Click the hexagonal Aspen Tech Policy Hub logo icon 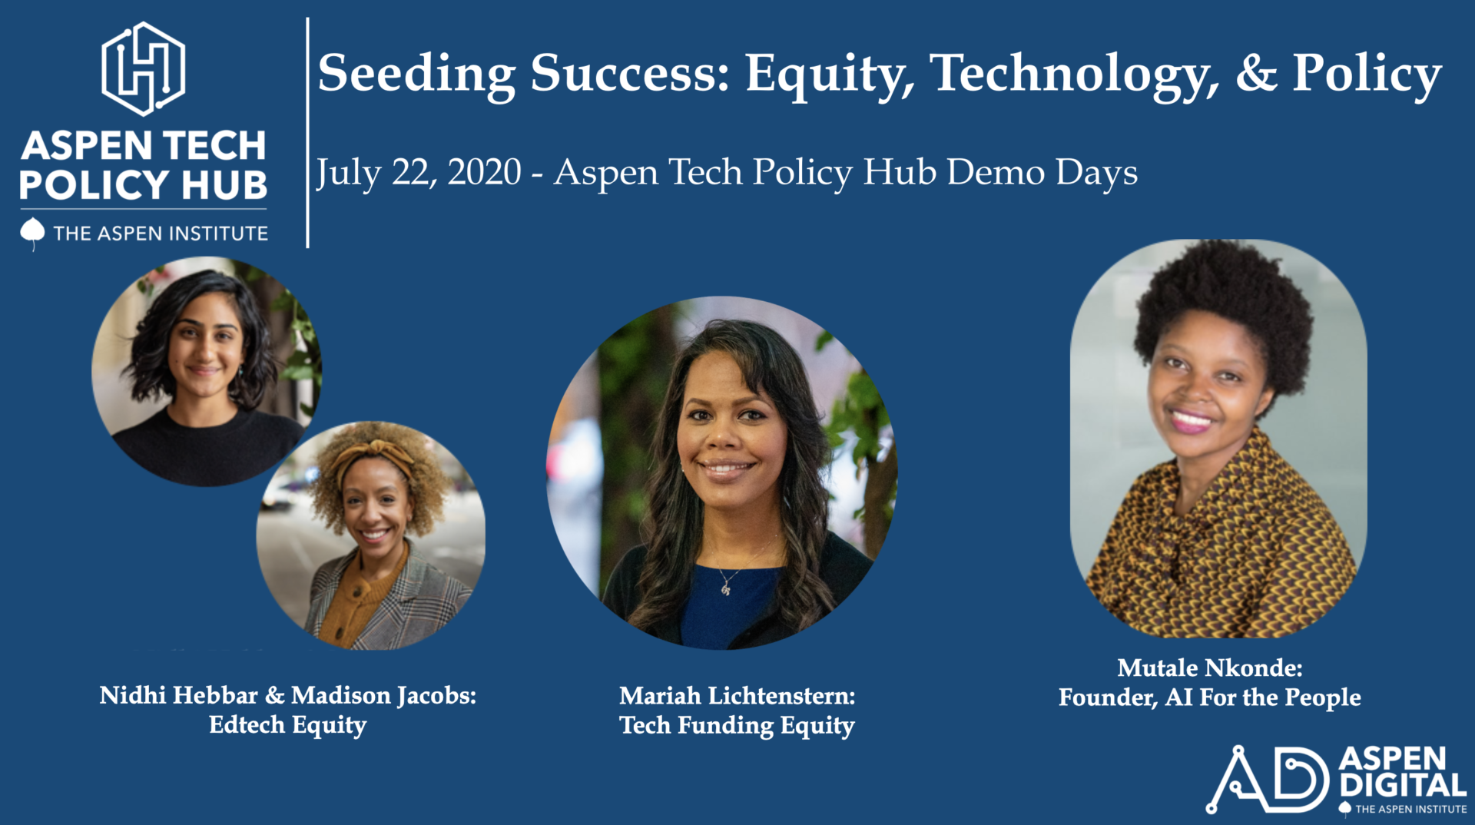pyautogui.click(x=144, y=68)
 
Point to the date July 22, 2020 pyautogui.click(x=419, y=173)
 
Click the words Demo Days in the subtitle pyautogui.click(x=1042, y=172)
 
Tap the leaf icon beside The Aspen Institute pyautogui.click(x=32, y=234)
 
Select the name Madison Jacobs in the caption pyautogui.click(x=383, y=696)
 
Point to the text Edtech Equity pyautogui.click(x=288, y=726)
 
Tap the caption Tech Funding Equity pyautogui.click(x=737, y=726)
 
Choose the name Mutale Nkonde pyautogui.click(x=1210, y=668)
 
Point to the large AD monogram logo pyautogui.click(x=1268, y=779)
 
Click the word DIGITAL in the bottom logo pyautogui.click(x=1403, y=785)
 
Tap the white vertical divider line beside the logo pyautogui.click(x=307, y=133)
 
